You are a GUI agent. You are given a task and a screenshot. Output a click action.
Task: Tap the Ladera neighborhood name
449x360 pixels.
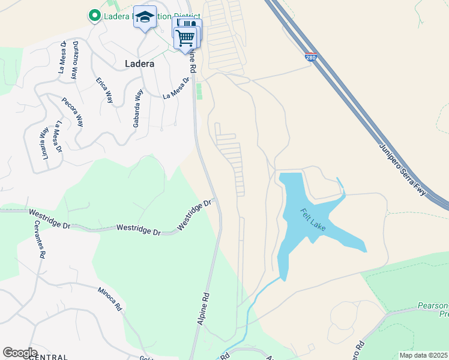coord(139,63)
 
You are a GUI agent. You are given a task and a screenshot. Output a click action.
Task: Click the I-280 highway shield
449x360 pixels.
coord(310,58)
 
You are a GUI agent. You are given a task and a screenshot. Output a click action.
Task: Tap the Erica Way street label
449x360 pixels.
coord(104,89)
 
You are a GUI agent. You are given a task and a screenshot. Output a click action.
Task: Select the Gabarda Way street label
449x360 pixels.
coord(139,109)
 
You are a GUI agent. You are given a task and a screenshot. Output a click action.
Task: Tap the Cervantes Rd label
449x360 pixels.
coord(41,239)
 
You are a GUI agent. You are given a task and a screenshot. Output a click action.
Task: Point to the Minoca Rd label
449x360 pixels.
coord(110,298)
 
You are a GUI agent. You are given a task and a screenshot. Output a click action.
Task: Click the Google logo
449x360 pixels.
coord(20,353)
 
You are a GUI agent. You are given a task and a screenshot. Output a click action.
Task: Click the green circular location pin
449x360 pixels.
coord(94,16)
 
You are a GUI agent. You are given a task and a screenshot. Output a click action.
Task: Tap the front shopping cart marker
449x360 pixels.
coord(185,38)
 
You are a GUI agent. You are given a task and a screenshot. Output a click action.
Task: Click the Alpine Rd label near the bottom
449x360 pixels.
coord(203,309)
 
